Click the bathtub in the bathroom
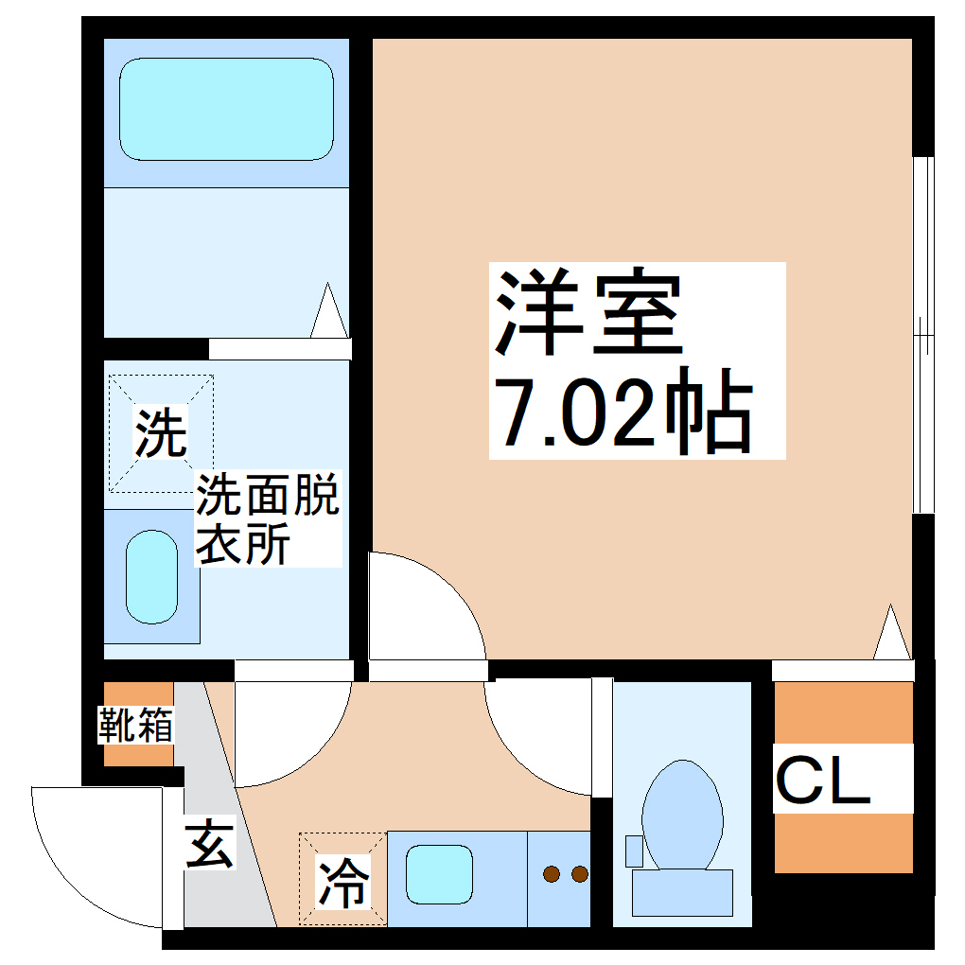point(226,109)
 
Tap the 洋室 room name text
point(587,311)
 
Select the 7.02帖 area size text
point(625,415)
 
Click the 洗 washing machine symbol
point(160,434)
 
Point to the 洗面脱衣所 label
point(267,520)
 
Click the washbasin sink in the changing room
point(152,577)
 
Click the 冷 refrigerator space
point(342,881)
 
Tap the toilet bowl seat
point(682,814)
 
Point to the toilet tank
point(681,892)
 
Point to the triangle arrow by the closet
point(890,634)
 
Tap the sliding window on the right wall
point(921,336)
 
